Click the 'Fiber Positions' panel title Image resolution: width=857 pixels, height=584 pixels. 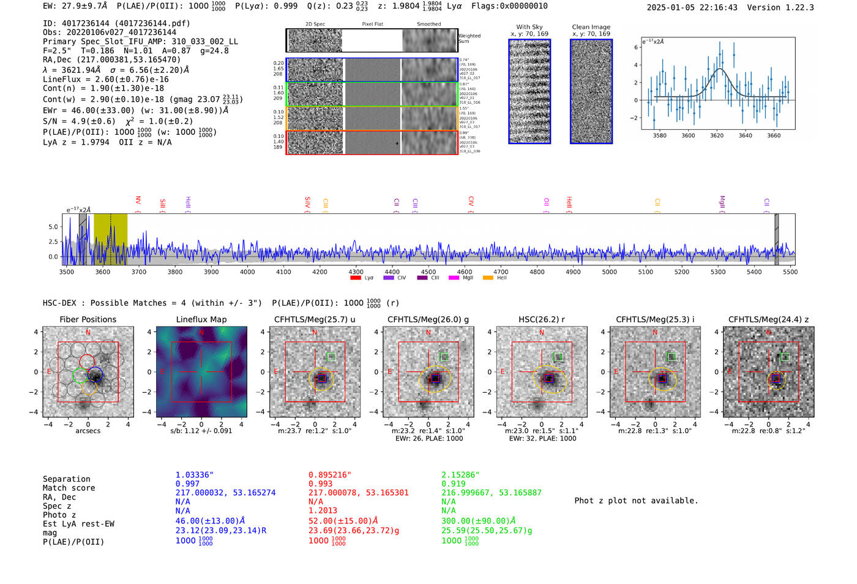pos(88,319)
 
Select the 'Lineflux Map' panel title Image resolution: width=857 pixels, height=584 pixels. pos(201,319)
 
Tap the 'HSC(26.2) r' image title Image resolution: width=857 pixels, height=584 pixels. pos(541,319)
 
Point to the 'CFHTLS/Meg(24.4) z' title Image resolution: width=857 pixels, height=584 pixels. pos(768,319)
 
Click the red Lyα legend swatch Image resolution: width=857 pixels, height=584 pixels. pos(355,278)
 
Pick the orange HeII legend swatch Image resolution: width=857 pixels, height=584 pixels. pos(488,278)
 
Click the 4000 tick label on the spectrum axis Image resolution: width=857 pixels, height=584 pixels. pos(247,272)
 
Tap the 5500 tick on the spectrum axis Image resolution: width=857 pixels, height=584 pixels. pos(790,272)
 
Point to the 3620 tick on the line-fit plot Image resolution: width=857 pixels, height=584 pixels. pos(717,135)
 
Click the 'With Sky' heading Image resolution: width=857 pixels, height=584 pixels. pos(530,27)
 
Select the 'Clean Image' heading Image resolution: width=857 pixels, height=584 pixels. pos(591,27)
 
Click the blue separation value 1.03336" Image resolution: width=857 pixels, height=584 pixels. pos(195,475)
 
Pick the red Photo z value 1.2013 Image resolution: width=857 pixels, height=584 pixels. pos(323,510)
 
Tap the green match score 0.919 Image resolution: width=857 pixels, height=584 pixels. pos(453,484)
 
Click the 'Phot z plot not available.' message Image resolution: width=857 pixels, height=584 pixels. pos(636,501)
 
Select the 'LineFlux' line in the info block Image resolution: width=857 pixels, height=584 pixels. pos(105,79)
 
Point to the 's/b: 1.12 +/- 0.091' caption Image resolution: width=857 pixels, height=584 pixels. pos(201,431)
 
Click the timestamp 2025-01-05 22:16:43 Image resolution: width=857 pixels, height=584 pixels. pos(692,7)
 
